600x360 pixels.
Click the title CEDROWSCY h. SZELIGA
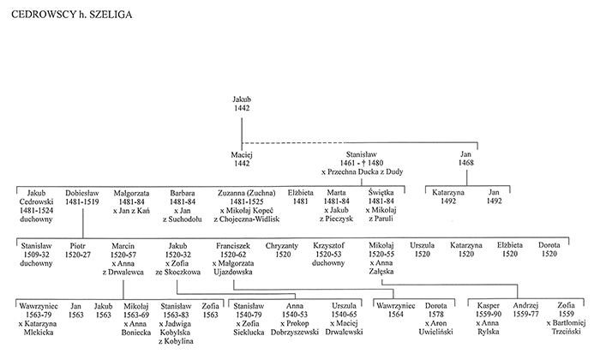(71, 15)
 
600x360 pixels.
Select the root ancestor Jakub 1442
(242, 104)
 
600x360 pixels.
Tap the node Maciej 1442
(242, 159)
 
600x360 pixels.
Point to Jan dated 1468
(466, 159)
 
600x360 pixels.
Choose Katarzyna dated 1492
(448, 196)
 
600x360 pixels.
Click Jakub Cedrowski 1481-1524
(36, 201)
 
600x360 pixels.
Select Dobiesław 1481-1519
(82, 197)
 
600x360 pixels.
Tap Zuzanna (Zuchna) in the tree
(247, 193)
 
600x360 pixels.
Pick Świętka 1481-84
(381, 196)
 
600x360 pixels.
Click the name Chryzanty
(282, 246)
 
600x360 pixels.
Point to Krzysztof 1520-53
(328, 249)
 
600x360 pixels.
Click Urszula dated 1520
(422, 249)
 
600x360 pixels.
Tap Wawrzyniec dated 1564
(396, 310)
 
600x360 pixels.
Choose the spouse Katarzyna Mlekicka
(39, 328)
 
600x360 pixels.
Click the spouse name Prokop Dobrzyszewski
(295, 328)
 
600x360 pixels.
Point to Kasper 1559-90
(489, 310)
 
